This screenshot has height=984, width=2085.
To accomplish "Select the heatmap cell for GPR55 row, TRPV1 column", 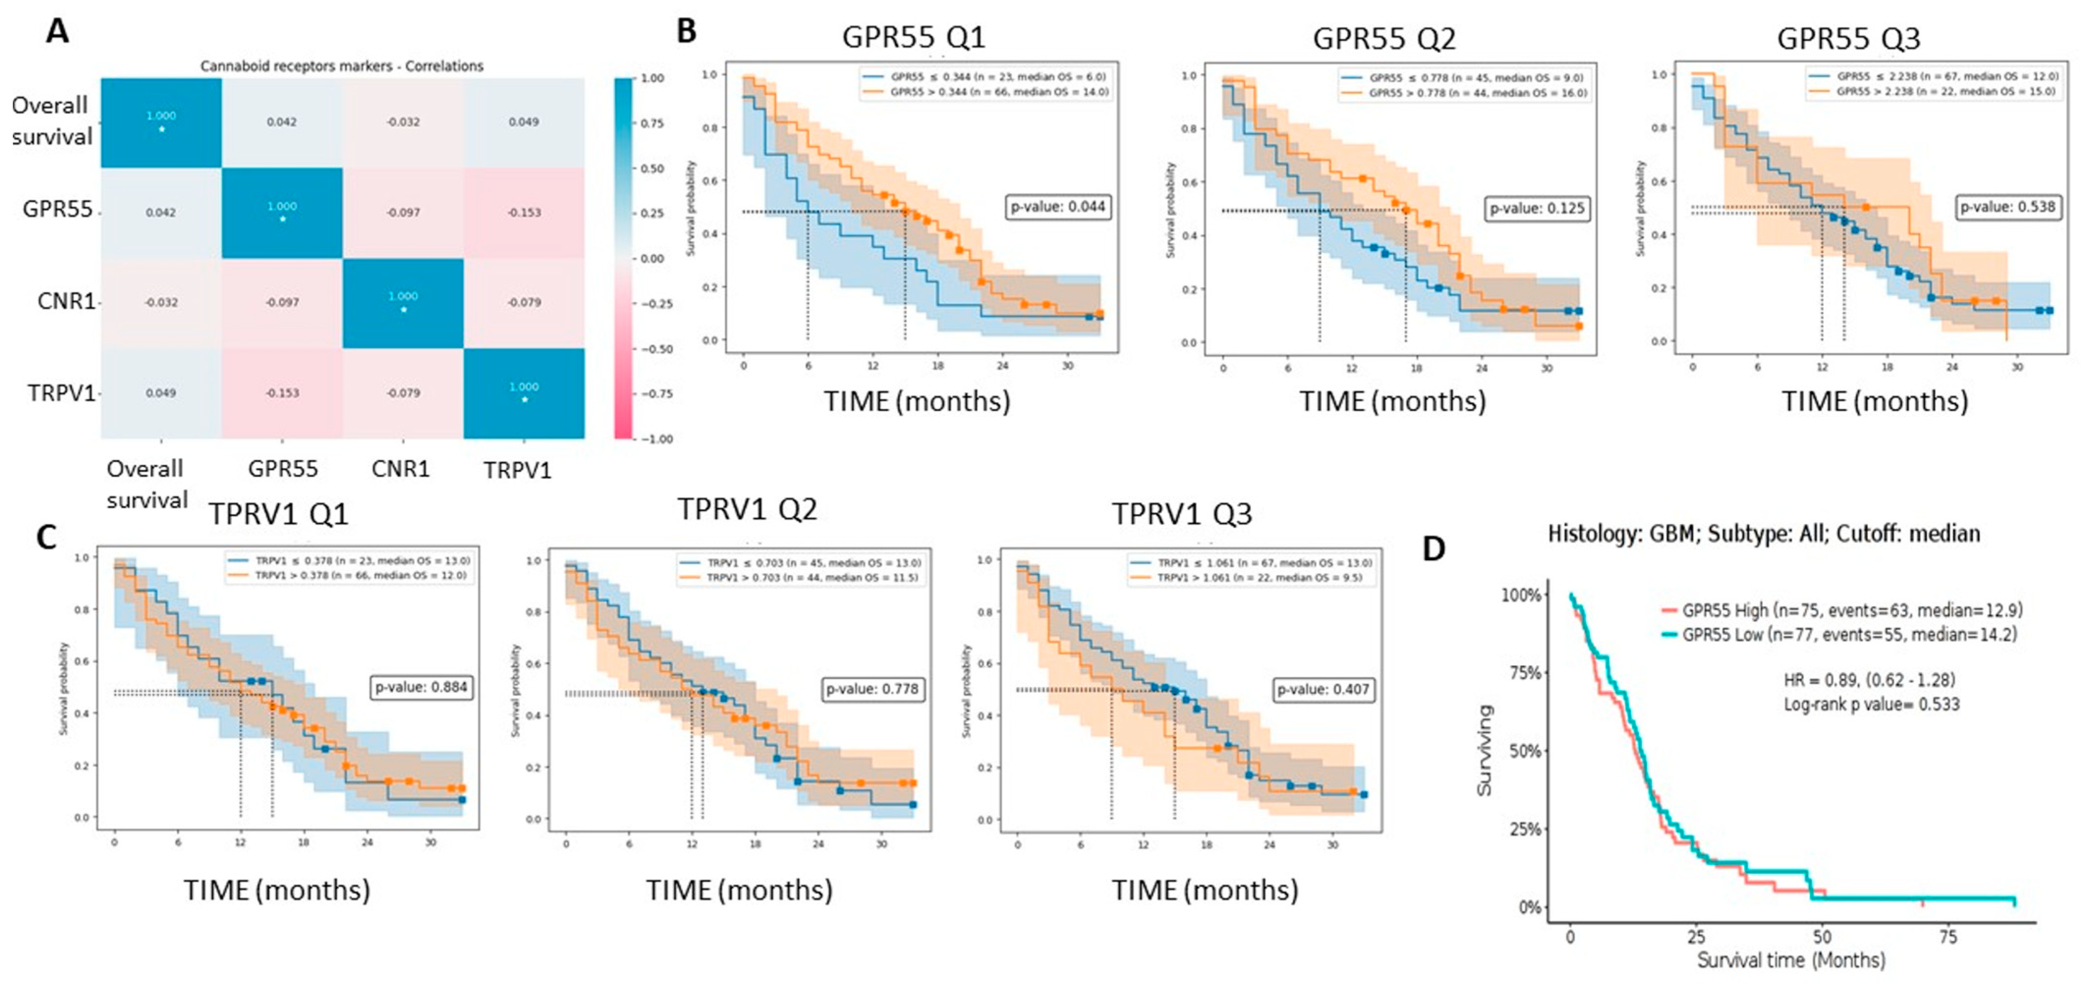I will coord(524,213).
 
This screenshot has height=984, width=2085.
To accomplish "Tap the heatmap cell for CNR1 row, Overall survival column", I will coord(161,302).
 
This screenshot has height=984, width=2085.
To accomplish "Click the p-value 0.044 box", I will coord(1057,207).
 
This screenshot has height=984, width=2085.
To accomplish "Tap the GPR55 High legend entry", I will coord(1849,611).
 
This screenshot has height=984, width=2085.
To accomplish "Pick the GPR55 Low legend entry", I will coord(1849,634).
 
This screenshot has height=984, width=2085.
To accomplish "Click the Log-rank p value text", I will coord(1871,705).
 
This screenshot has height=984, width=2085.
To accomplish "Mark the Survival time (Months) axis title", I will coord(1790,960).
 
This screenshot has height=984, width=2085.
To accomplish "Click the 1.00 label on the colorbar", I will coord(652,79).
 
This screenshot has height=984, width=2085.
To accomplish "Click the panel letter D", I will coord(1433,548).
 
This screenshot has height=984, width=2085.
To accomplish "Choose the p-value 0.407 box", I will coord(1323,689).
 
